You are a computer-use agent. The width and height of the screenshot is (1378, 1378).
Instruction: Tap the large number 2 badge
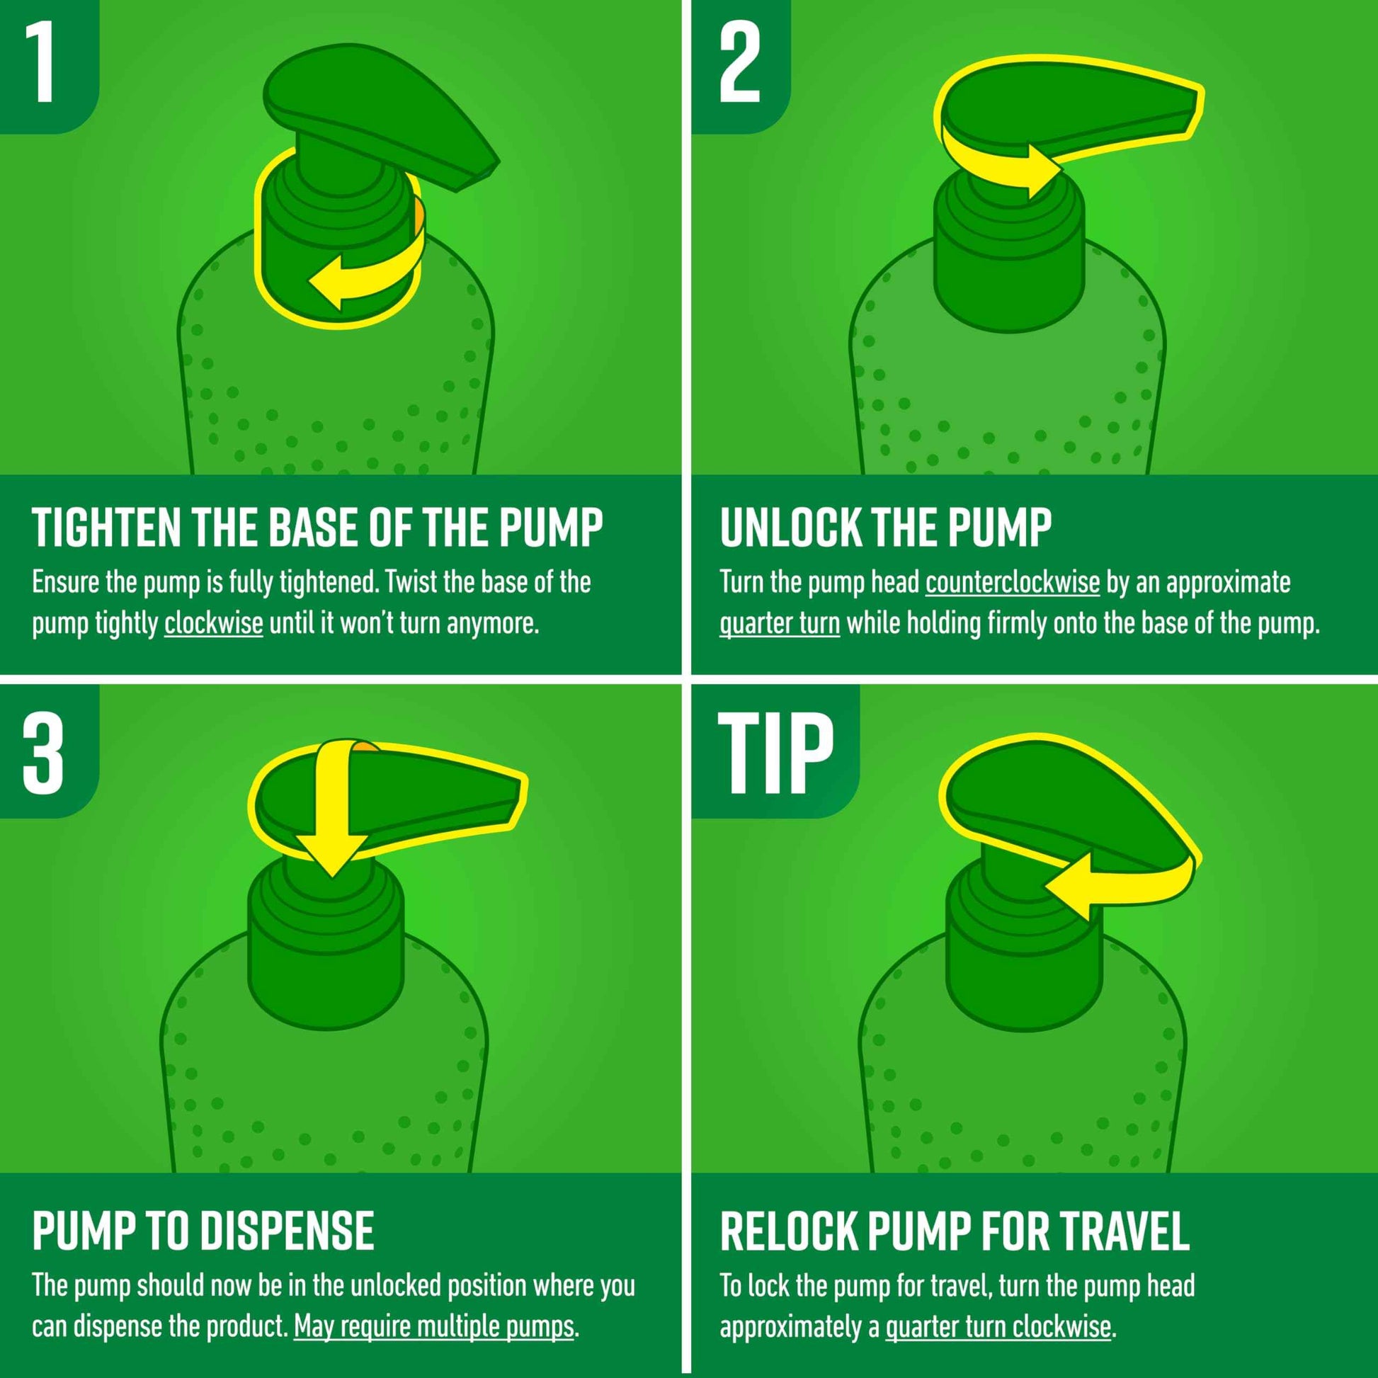tap(741, 63)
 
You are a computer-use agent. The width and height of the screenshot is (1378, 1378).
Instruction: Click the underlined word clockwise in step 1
tap(213, 623)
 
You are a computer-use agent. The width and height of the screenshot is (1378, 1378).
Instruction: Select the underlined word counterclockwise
tap(1012, 582)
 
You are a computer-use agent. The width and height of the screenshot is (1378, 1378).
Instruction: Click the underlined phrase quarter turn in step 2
tap(780, 623)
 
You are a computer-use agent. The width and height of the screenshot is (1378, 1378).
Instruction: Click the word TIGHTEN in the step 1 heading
tap(106, 528)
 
